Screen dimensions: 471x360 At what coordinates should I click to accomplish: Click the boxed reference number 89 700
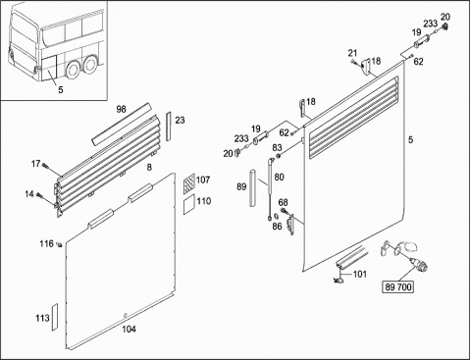[x=398, y=287]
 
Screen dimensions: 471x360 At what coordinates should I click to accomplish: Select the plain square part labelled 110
[x=189, y=204]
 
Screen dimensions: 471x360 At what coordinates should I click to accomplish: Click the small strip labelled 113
[x=55, y=317]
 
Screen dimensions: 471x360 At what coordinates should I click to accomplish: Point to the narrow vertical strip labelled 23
[x=169, y=127]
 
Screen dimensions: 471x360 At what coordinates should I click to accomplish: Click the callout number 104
[x=129, y=329]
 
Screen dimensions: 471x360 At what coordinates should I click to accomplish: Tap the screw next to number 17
[x=45, y=167]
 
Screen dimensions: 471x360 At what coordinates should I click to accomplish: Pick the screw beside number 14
[x=39, y=195]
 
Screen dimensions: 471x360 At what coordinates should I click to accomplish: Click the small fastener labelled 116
[x=59, y=244]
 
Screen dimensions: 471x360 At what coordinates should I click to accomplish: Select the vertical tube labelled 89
[x=253, y=187]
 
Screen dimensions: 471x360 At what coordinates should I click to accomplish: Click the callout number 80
[x=279, y=177]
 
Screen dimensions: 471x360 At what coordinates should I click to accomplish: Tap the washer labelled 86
[x=276, y=216]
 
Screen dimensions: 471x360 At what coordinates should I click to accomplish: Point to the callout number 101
[x=360, y=274]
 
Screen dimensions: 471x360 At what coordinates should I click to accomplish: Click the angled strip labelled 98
[x=122, y=125]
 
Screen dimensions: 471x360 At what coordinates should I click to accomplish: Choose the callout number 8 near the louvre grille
[x=149, y=168]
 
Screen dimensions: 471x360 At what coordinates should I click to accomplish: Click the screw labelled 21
[x=353, y=61]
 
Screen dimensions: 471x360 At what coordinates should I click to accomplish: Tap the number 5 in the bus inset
[x=61, y=89]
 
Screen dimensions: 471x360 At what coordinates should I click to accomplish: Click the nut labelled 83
[x=279, y=156]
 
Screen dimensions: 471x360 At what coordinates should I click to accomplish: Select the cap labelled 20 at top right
[x=445, y=26]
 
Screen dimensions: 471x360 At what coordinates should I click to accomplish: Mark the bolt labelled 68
[x=284, y=210]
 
